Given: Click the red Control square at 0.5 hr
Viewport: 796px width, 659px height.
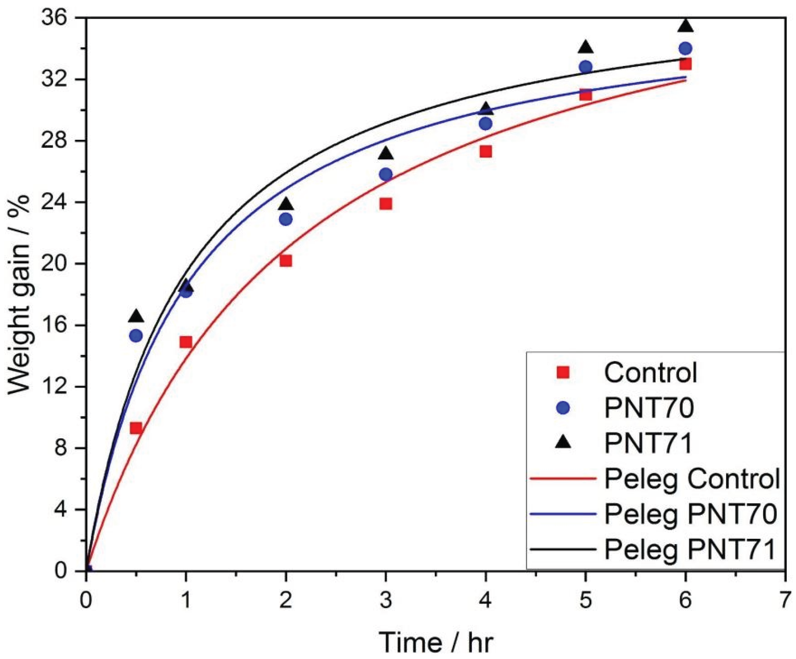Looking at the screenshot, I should pos(136,428).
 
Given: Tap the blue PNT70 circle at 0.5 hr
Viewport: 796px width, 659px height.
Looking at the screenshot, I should pos(136,336).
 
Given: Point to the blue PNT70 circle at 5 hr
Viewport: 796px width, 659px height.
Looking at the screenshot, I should pos(586,67).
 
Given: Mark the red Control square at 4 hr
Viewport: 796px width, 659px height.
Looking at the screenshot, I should pos(486,152).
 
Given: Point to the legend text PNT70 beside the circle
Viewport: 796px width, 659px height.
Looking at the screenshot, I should pos(649,408).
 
